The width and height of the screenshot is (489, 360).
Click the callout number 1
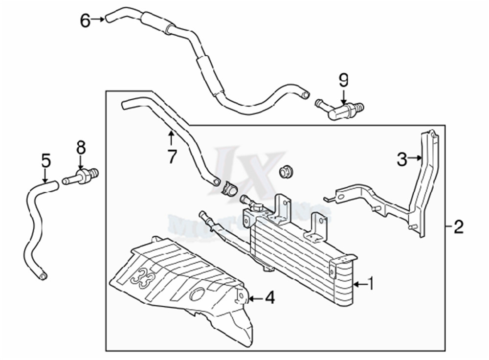click(x=371, y=284)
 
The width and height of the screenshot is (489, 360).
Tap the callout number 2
click(x=458, y=226)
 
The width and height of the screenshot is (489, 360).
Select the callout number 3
click(x=402, y=159)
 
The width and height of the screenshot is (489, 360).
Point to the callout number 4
click(x=269, y=297)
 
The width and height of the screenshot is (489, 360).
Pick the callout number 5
click(x=45, y=160)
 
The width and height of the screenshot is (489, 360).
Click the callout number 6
click(x=86, y=21)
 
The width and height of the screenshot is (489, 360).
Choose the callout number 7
click(x=171, y=157)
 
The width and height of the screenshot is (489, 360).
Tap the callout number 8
click(x=81, y=146)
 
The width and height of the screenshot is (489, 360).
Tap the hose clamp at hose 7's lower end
click(x=229, y=189)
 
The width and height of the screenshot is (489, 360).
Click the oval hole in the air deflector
click(x=197, y=294)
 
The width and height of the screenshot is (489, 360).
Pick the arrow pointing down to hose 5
click(x=45, y=176)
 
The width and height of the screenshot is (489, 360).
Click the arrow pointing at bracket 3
click(x=416, y=158)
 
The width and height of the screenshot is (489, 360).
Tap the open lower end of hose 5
click(x=44, y=277)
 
